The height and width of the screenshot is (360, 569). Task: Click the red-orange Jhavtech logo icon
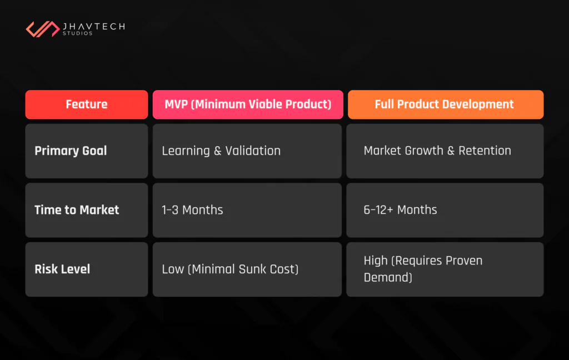click(43, 29)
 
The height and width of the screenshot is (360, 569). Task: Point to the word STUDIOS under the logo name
click(78, 34)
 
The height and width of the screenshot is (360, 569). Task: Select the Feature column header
click(87, 104)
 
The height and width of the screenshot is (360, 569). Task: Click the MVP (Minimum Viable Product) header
click(248, 104)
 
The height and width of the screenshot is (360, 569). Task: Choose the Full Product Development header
click(445, 104)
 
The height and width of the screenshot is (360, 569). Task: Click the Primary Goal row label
click(71, 151)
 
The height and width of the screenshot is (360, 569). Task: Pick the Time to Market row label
click(77, 210)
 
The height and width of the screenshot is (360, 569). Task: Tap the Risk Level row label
click(62, 269)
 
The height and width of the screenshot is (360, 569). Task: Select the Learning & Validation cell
click(221, 151)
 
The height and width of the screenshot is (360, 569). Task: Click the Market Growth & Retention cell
click(437, 151)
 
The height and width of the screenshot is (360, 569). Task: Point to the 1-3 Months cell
click(192, 210)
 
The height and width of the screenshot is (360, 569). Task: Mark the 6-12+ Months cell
click(400, 210)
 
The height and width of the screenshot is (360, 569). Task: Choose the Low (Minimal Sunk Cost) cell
click(230, 269)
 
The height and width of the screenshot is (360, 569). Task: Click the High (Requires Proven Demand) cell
click(423, 269)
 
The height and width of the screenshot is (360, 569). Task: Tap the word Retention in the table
click(485, 151)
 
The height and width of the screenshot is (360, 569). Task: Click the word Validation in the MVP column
click(253, 151)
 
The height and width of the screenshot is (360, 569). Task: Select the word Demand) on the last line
click(388, 277)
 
